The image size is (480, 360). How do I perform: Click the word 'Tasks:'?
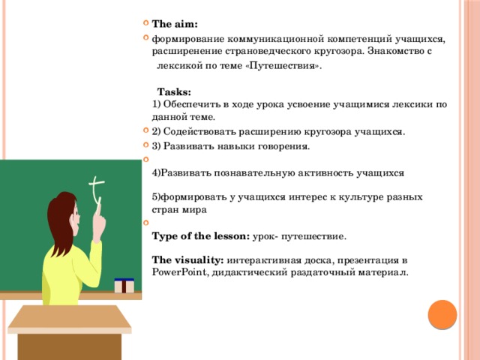point(174,91)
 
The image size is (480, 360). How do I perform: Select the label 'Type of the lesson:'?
point(200,235)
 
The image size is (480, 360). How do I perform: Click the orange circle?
point(442,315)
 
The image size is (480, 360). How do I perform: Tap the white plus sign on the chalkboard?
point(95,187)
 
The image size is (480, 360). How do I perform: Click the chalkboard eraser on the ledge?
point(124,285)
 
